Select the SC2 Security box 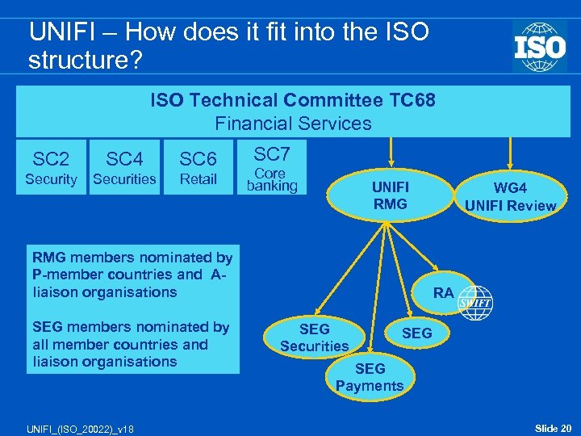(x=51, y=168)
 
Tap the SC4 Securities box (x=124, y=168)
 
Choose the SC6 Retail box (x=198, y=168)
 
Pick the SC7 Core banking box (x=272, y=168)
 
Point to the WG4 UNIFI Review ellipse (x=510, y=196)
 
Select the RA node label (x=443, y=293)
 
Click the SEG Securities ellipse (x=314, y=337)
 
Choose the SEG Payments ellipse (x=370, y=377)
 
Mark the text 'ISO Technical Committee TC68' (x=293, y=100)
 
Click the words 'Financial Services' (x=293, y=124)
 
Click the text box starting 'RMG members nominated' (x=132, y=275)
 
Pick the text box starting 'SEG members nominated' (x=132, y=344)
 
